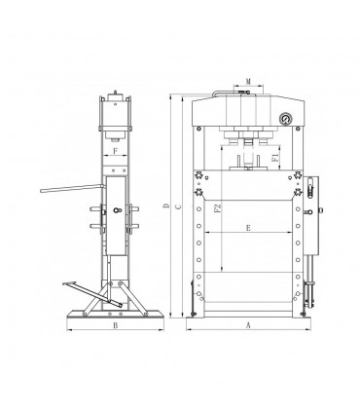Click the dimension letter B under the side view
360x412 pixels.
point(116,325)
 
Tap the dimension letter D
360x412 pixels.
point(167,206)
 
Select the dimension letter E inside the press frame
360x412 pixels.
point(249,229)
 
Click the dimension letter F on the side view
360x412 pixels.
point(116,152)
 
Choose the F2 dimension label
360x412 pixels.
point(217,210)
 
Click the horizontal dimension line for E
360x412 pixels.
point(249,236)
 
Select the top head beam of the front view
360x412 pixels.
point(249,109)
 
